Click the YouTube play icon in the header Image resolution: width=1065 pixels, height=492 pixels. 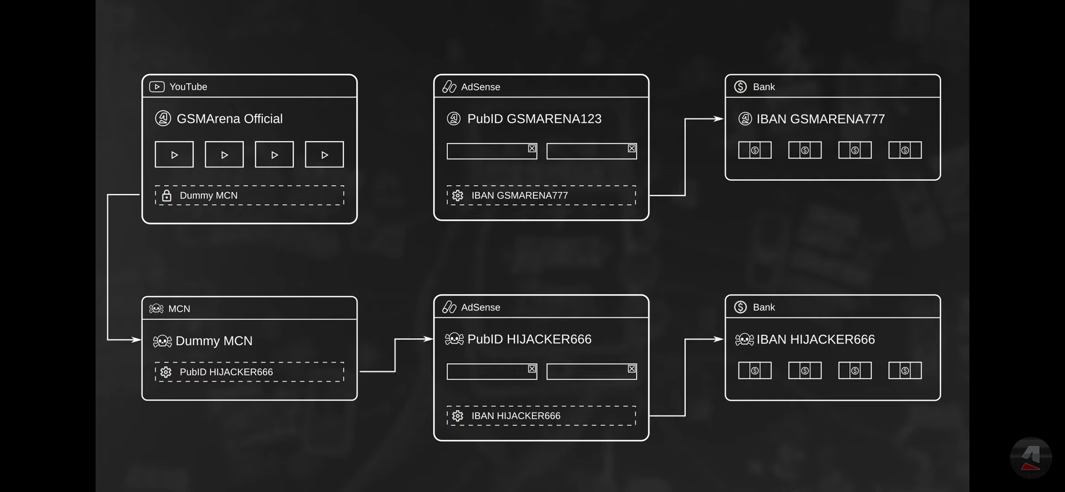point(157,87)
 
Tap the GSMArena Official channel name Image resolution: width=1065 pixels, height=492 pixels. point(229,118)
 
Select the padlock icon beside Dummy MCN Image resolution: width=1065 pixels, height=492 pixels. point(167,195)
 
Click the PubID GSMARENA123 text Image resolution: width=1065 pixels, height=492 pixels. point(534,118)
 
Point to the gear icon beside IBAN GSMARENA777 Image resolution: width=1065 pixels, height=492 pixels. point(457,195)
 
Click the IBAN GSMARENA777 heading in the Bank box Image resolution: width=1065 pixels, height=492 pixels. point(820,119)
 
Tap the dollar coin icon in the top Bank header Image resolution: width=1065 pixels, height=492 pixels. point(740,87)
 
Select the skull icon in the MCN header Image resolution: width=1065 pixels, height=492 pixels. point(156,309)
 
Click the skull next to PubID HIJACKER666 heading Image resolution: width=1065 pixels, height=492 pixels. point(454,339)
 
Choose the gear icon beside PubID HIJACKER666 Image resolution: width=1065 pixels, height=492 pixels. point(166,372)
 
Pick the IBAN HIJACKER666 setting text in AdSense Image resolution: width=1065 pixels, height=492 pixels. point(516,416)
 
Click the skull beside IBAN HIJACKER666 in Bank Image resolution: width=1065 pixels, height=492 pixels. point(744,339)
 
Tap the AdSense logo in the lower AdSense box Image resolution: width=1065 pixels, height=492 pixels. point(449,307)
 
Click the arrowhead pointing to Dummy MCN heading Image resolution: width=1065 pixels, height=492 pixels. point(136,339)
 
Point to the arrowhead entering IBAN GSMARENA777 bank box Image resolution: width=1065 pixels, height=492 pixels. point(719,119)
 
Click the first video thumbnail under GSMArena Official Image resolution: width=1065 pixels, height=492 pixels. point(174,154)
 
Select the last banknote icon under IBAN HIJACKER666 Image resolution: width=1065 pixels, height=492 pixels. point(905,370)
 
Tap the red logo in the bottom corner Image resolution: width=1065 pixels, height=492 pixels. point(1031,457)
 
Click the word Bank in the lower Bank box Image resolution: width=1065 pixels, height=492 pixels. point(764,307)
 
